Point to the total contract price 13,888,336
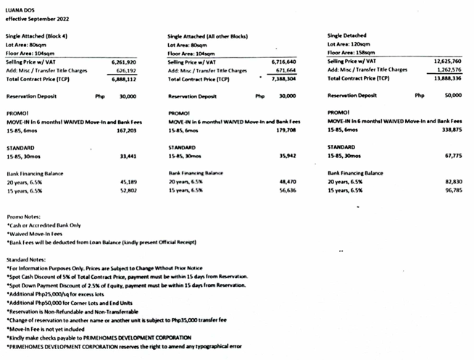(x=451, y=78)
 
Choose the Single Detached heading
(x=347, y=35)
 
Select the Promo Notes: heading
(x=25, y=217)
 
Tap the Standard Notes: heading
(x=28, y=259)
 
